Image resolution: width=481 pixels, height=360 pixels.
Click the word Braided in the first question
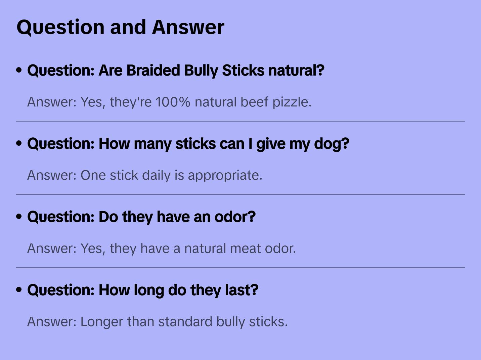pos(153,71)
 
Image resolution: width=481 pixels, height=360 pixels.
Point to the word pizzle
pos(292,102)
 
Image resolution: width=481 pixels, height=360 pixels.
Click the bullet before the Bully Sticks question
pos(19,70)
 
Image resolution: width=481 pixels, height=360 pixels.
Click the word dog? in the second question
pos(332,144)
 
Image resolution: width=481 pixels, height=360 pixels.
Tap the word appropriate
pos(225,175)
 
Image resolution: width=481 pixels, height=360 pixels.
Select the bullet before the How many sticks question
pos(19,143)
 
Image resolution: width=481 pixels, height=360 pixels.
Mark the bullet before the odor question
pos(19,217)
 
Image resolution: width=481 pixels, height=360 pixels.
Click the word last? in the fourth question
pos(242,290)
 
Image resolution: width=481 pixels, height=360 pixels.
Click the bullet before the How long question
pos(19,290)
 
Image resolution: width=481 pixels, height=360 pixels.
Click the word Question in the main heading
pos(60,27)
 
